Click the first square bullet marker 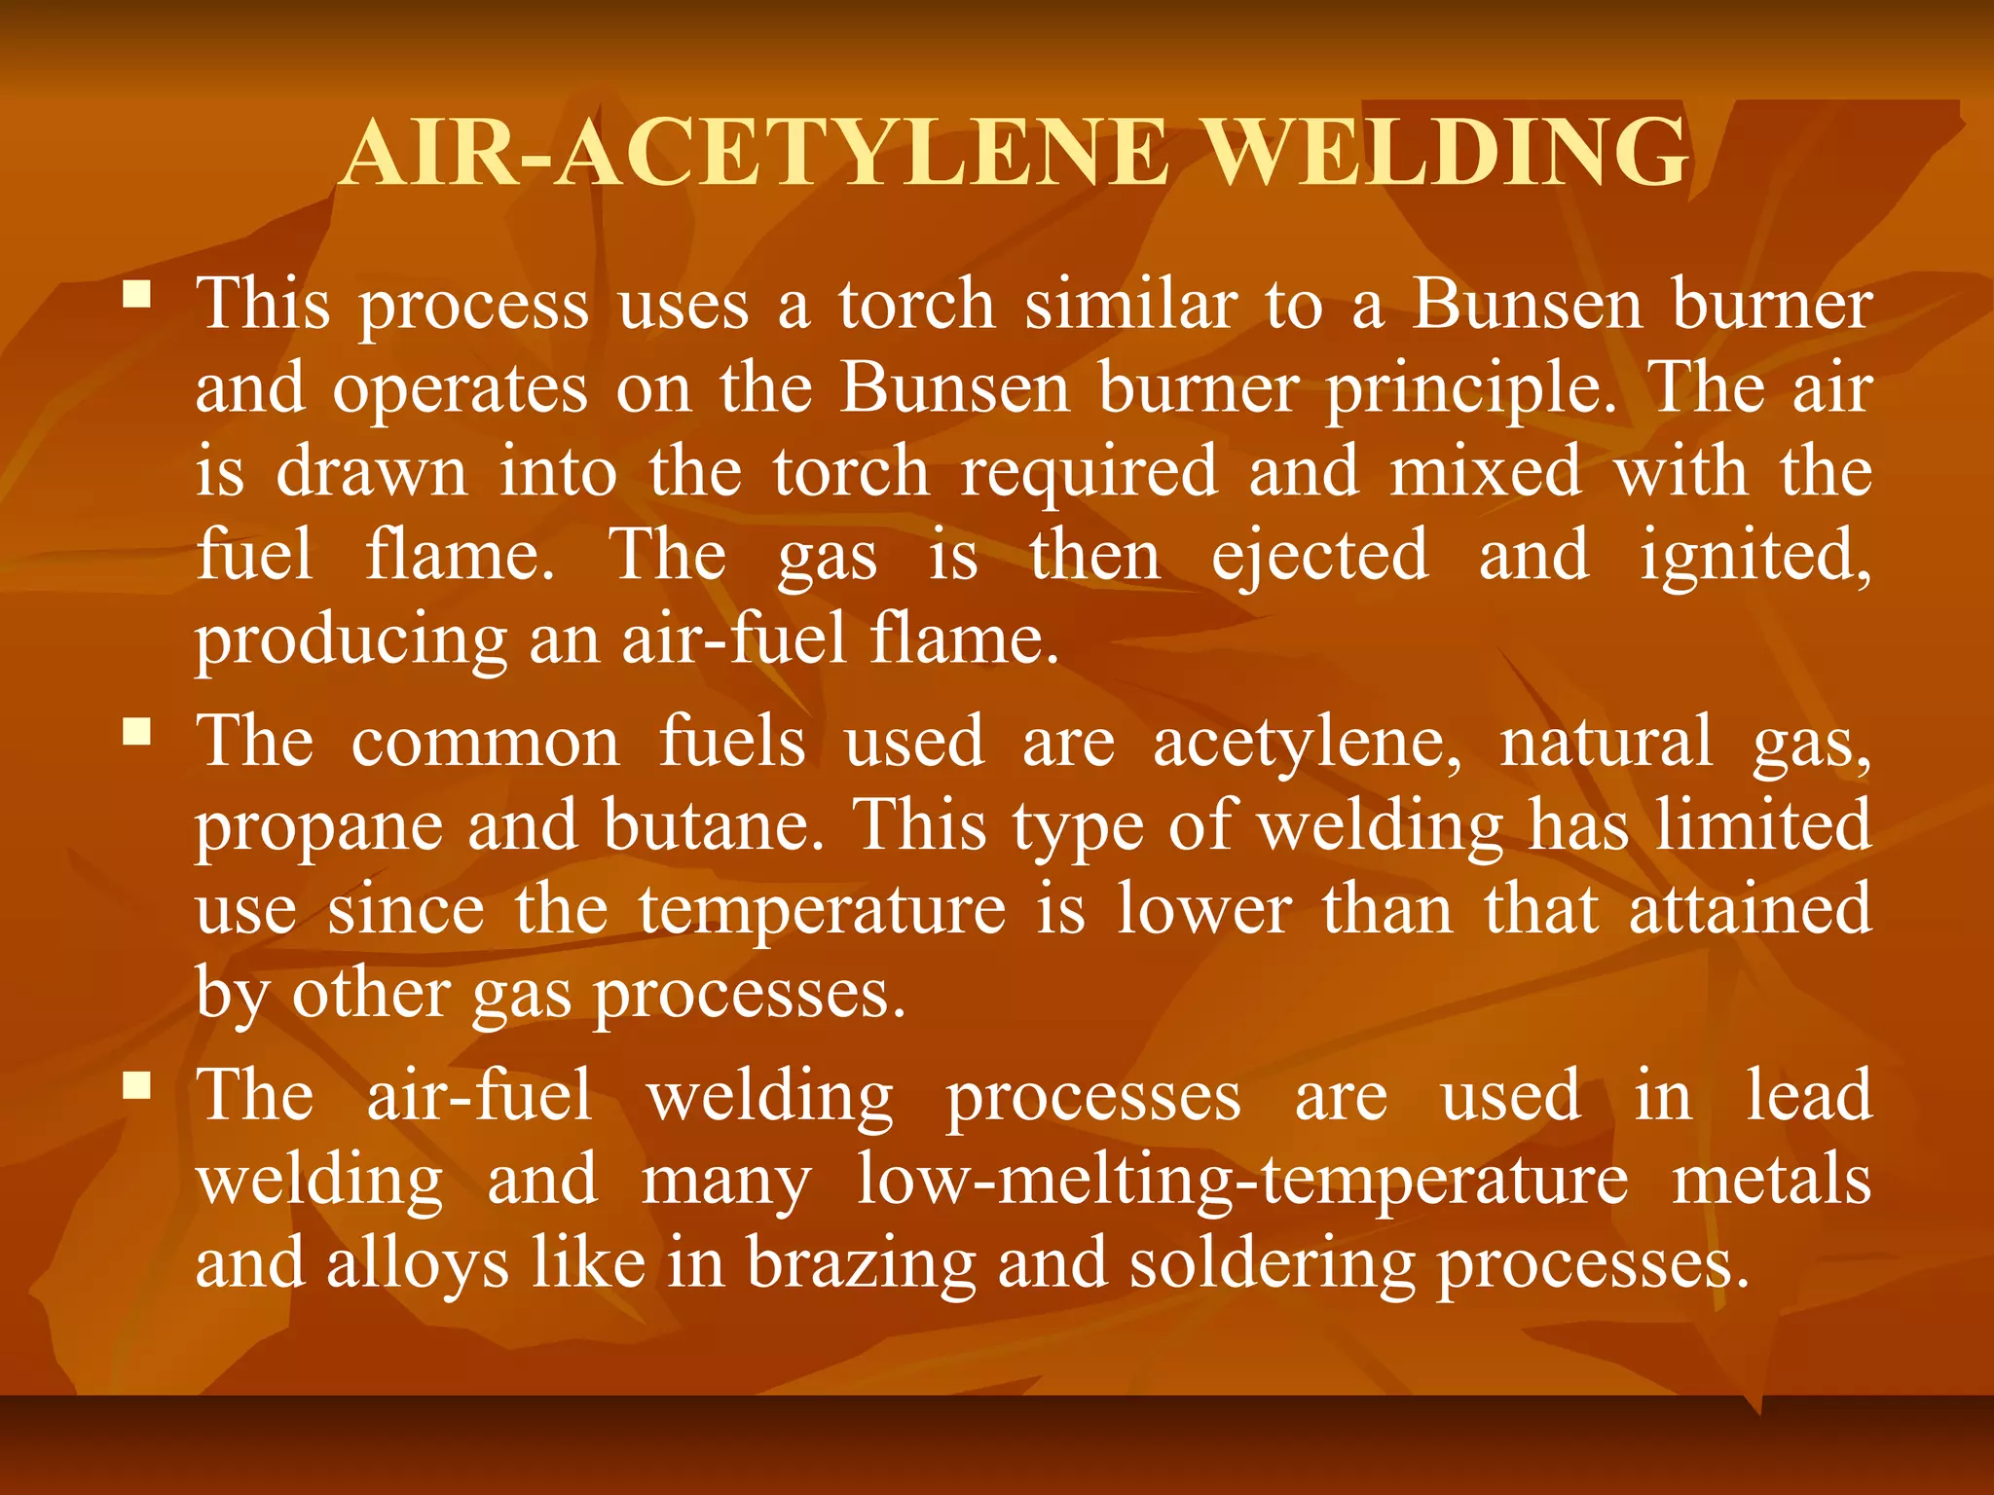[x=137, y=294]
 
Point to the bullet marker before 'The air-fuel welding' [x=137, y=1084]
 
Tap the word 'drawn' [x=372, y=471]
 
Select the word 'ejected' [x=1320, y=557]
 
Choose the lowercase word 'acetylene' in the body [x=1307, y=742]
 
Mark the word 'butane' [x=713, y=825]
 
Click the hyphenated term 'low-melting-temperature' [x=1242, y=1180]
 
